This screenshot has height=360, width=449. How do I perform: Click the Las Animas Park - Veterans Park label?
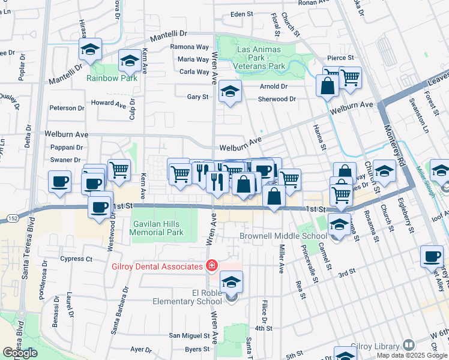click(260, 57)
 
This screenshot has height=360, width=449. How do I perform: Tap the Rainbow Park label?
click(112, 78)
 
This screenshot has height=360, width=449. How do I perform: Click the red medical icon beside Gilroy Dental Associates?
click(211, 265)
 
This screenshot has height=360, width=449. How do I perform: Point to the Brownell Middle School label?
click(283, 236)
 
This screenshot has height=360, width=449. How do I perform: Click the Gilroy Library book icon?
click(408, 345)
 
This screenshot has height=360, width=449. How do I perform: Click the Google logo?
click(20, 353)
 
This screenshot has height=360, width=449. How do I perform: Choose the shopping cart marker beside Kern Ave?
click(119, 170)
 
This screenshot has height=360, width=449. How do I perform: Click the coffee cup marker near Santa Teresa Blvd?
click(59, 182)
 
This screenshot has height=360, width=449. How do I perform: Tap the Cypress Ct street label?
click(76, 259)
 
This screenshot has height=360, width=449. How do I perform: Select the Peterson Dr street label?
click(67, 108)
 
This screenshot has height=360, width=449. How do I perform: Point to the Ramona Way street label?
click(190, 47)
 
